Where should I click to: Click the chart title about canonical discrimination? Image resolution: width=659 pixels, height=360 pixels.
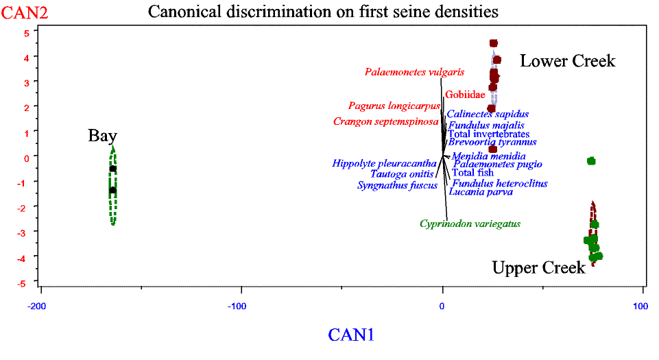click(x=323, y=12)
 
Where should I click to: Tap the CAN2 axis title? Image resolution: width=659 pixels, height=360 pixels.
click(x=25, y=12)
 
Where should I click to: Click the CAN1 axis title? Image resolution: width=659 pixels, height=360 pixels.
click(x=351, y=335)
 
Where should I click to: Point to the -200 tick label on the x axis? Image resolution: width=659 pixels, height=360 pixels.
click(x=36, y=307)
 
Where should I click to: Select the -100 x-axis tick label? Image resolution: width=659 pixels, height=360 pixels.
click(x=237, y=307)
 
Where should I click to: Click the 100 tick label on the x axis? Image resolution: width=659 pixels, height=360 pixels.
click(x=640, y=307)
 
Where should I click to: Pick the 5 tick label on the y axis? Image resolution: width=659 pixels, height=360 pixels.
click(x=27, y=33)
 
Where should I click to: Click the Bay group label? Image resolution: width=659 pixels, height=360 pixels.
click(x=103, y=136)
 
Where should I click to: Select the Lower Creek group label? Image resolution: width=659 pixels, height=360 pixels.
click(x=567, y=61)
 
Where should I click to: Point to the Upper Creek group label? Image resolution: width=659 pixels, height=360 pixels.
click(x=538, y=267)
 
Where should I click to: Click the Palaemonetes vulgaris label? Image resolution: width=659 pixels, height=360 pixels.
click(x=414, y=72)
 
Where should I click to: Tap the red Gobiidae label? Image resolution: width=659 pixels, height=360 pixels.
click(x=465, y=95)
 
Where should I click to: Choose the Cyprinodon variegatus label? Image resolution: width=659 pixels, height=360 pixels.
click(x=470, y=224)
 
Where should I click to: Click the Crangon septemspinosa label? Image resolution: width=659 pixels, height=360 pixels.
click(x=386, y=122)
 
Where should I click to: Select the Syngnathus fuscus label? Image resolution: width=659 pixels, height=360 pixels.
click(x=397, y=185)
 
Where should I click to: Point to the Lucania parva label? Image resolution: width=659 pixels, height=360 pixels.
click(x=481, y=192)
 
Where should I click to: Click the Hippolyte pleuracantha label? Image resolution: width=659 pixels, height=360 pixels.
click(x=384, y=163)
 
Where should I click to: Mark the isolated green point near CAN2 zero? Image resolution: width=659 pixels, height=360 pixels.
click(x=591, y=161)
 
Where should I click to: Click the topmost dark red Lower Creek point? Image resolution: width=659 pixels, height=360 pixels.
click(x=494, y=43)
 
